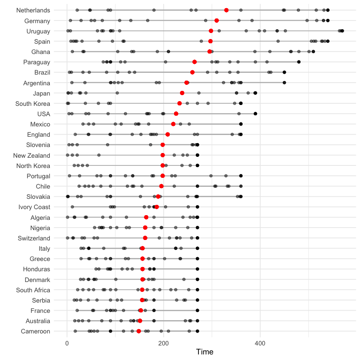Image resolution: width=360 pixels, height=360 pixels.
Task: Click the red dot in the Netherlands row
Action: coord(226,10)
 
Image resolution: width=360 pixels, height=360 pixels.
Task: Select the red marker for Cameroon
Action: coord(139,331)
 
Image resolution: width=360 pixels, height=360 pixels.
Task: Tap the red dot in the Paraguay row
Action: coord(195,62)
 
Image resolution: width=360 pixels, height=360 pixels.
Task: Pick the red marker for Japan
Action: coord(182,93)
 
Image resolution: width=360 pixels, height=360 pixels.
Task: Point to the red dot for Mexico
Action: coord(173,124)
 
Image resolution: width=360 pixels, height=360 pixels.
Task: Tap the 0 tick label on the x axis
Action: coord(67,343)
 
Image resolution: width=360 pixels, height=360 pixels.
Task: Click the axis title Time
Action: coord(204,352)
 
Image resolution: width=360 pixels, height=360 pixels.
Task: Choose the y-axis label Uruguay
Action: coord(38,31)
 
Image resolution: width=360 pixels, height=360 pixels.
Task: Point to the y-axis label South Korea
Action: coord(33,103)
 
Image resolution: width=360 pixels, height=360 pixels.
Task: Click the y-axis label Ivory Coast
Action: coord(34,207)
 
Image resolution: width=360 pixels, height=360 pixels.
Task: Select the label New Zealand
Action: coord(32,156)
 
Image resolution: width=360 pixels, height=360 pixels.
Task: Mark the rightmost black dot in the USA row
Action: coord(255,114)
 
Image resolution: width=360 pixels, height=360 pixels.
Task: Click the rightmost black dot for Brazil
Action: coord(284,72)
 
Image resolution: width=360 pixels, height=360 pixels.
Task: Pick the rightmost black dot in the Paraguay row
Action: coord(299,62)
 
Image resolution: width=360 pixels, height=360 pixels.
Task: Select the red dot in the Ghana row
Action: coord(210,51)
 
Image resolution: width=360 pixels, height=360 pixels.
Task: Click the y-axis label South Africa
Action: coord(33,290)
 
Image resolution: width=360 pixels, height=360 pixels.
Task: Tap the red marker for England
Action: coord(168,135)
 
